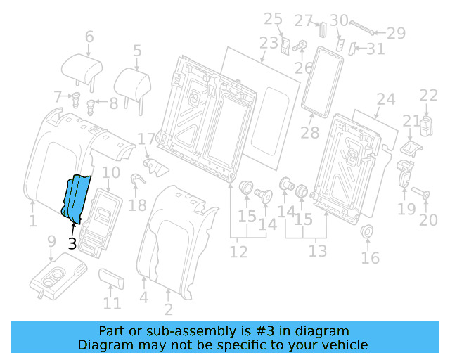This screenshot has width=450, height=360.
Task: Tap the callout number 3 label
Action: pos(72,244)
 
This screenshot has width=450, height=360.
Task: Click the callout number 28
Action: pos(309,132)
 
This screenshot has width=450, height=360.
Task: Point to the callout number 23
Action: pos(269,44)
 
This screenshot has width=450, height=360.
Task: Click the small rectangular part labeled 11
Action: pos(112,278)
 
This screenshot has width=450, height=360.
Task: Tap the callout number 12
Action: pos(239,251)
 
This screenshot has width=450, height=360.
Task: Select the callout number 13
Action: pos(318,251)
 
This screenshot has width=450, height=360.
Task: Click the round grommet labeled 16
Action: pos(366,232)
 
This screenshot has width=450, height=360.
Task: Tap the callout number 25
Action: pos(273,19)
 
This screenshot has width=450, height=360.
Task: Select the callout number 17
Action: pos(146,140)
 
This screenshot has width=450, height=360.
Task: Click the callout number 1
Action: pos(32,222)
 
